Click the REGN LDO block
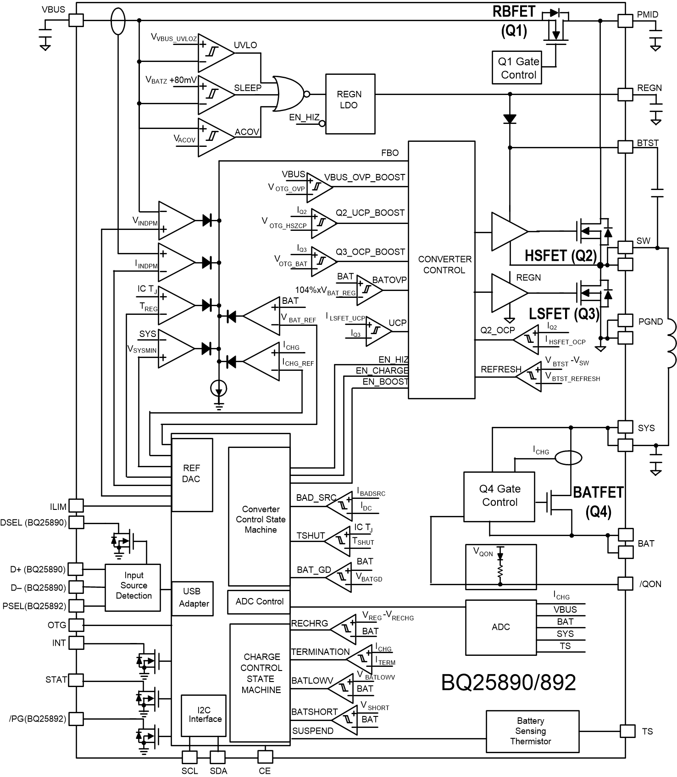click(x=350, y=104)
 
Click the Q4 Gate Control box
click(x=499, y=497)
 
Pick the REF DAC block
click(x=192, y=475)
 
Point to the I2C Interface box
click(x=205, y=716)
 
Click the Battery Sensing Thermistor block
click(x=533, y=731)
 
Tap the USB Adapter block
click(x=194, y=598)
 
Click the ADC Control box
click(x=259, y=602)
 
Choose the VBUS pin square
click(x=76, y=20)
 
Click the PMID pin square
click(x=625, y=20)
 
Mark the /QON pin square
click(x=625, y=583)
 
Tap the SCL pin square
click(x=189, y=757)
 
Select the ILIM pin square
click(x=76, y=506)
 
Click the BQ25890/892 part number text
click(x=508, y=682)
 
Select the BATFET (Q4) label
click(x=598, y=501)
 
